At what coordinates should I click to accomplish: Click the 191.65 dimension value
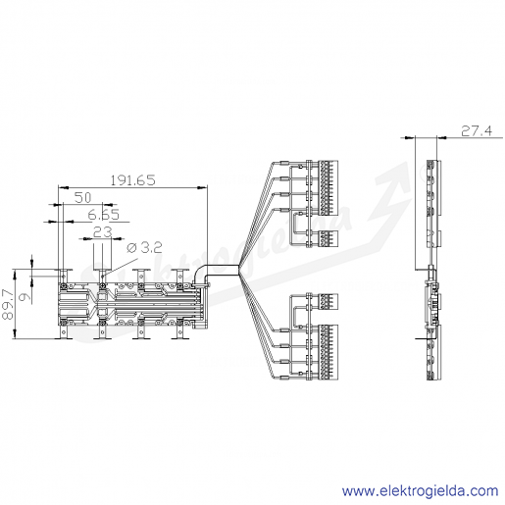pyautogui.click(x=132, y=180)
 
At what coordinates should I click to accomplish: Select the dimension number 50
pyautogui.click(x=82, y=197)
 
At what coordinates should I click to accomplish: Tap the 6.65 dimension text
pyautogui.click(x=104, y=215)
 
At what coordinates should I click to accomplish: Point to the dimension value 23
pyautogui.click(x=103, y=232)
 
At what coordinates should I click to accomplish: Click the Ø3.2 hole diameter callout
pyautogui.click(x=144, y=248)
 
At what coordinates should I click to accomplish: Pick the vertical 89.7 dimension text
pyautogui.click(x=8, y=304)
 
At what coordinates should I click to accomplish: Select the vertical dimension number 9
pyautogui.click(x=26, y=297)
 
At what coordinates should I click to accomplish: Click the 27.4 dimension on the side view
pyautogui.click(x=477, y=131)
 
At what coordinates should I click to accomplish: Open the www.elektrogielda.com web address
pyautogui.click(x=420, y=491)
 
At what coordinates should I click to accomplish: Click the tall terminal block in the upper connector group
pyautogui.click(x=328, y=187)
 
